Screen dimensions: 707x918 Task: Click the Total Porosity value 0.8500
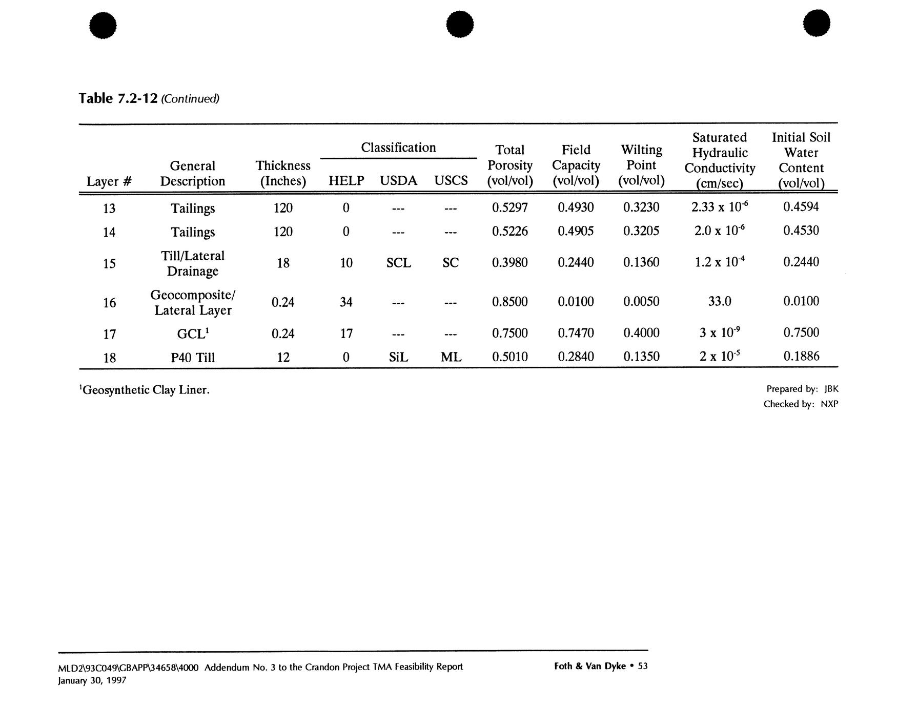click(509, 301)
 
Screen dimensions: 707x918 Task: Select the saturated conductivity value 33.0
click(719, 301)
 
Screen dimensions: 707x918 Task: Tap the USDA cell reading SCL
click(398, 263)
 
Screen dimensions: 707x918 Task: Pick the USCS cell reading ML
click(451, 357)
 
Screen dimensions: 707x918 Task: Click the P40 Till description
click(193, 357)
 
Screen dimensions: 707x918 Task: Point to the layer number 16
click(109, 303)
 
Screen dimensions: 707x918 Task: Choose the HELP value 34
click(346, 302)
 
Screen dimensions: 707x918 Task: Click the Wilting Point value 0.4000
click(641, 333)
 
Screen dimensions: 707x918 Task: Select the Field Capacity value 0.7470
click(576, 333)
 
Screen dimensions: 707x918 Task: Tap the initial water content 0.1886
click(801, 356)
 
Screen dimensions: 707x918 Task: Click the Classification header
click(398, 148)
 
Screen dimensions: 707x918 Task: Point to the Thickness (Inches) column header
click(283, 173)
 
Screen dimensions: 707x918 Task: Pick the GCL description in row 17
click(193, 334)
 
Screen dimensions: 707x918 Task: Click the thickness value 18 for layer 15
click(283, 263)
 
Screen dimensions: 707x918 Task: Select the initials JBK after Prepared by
click(831, 389)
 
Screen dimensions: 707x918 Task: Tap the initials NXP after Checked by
click(829, 404)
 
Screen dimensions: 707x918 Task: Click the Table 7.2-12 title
click(117, 98)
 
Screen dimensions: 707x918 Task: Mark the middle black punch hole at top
click(459, 24)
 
